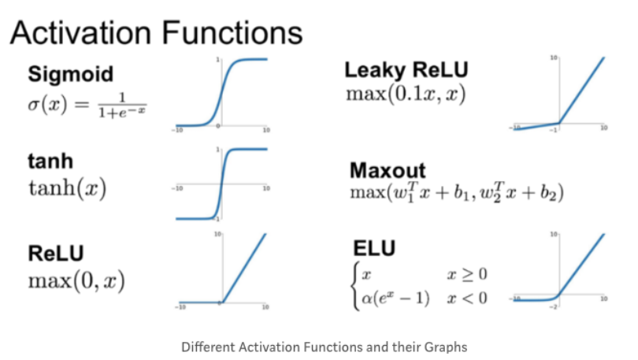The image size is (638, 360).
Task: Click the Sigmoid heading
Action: click(x=70, y=75)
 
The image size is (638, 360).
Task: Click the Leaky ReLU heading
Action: click(x=406, y=71)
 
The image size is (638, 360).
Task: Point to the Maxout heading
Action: click(x=388, y=171)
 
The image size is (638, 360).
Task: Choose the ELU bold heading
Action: click(x=374, y=249)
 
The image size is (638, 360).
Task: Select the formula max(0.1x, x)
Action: click(x=406, y=93)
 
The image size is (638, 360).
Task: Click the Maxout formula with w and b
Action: click(x=456, y=192)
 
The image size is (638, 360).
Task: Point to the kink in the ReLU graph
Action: click(x=221, y=302)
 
